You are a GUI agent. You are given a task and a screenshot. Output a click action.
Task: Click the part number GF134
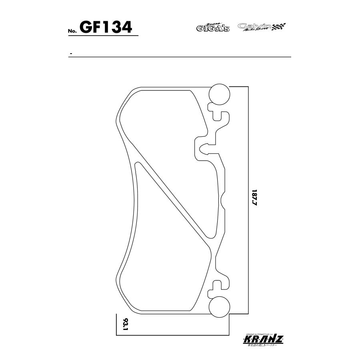point(106,27)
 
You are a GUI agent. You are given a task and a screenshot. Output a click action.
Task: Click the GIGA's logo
point(212,28)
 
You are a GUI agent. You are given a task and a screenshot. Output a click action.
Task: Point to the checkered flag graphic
point(279,27)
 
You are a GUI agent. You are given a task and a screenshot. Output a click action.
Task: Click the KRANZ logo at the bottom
point(263,340)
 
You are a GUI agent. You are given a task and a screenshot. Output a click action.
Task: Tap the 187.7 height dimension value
point(255,198)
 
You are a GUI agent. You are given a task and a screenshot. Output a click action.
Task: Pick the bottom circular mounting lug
point(220,306)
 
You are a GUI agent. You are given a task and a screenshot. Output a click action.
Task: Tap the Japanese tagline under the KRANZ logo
point(263,345)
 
